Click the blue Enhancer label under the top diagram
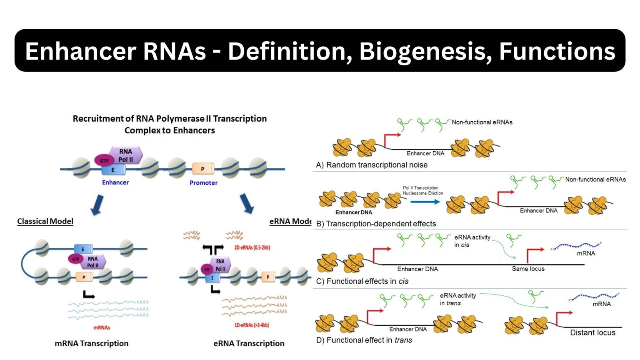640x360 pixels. click(115, 182)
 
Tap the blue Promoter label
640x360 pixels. click(203, 182)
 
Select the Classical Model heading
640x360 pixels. click(45, 221)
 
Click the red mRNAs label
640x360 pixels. click(102, 327)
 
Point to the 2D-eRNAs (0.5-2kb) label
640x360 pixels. click(252, 247)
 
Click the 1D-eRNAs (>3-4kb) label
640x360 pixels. click(251, 325)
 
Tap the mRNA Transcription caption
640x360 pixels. click(92, 343)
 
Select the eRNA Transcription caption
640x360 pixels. click(249, 343)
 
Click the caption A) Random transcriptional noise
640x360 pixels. click(372, 165)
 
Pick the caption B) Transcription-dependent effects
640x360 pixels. click(376, 224)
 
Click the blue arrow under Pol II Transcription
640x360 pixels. click(425, 202)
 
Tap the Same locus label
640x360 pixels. click(528, 269)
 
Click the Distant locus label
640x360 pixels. click(592, 332)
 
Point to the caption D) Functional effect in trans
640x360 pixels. click(364, 340)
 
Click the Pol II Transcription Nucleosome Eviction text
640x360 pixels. click(422, 190)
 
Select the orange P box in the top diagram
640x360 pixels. click(202, 169)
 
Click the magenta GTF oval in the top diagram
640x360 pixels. click(104, 160)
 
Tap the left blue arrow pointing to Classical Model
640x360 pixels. click(97, 205)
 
